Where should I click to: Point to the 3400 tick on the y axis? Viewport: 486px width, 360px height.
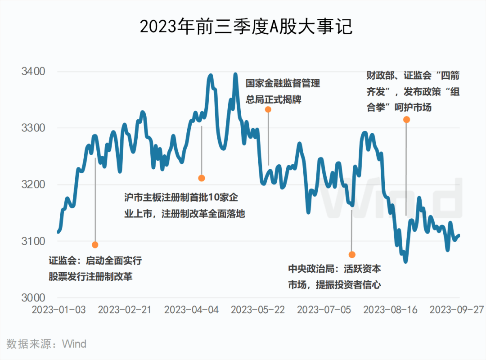33,72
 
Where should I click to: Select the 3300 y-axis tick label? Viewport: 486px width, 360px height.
33,128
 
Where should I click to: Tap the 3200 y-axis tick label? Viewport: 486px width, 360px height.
33,184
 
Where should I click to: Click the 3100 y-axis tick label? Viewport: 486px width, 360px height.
33,241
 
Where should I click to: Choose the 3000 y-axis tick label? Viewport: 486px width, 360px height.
33,298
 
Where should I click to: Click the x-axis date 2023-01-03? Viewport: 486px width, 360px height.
58,310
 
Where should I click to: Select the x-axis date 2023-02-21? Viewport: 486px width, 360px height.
125,310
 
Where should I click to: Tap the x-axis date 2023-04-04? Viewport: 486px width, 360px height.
191,310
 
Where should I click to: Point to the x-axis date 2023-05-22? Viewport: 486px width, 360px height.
258,310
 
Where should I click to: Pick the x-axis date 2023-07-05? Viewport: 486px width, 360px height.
324,310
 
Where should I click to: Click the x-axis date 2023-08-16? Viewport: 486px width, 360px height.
390,310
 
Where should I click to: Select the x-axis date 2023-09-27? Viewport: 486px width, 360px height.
457,310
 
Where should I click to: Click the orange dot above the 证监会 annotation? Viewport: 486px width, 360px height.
95,245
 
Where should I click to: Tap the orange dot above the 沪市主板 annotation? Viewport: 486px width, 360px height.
202,178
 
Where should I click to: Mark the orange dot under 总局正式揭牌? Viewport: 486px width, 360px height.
268,109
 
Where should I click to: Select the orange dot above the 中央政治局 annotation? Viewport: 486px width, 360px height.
352,255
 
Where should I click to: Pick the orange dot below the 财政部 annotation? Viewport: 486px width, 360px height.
406,120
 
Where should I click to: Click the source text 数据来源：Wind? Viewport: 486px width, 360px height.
47,344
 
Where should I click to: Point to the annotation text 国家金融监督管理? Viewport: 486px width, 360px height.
283,84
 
